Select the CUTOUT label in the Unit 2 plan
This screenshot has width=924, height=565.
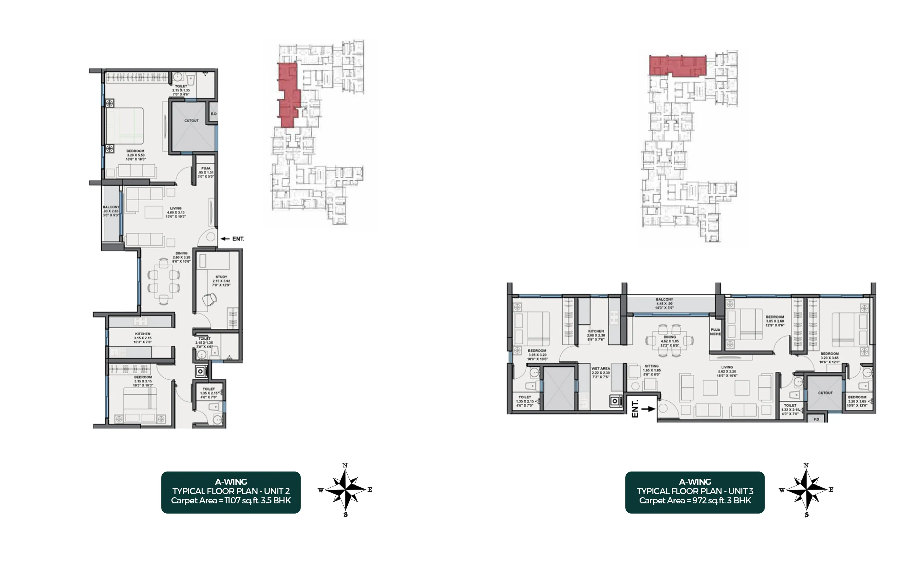(191, 121)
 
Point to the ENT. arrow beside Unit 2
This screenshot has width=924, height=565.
(226, 239)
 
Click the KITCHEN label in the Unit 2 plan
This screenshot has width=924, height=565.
(142, 334)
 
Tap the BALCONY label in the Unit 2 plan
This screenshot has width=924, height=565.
(111, 207)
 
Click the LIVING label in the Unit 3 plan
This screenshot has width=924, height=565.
(727, 367)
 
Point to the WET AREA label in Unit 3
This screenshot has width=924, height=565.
(601, 368)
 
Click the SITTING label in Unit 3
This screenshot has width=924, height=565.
(652, 366)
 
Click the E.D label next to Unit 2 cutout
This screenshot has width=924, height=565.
(213, 114)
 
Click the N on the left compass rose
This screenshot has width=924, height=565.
(345, 465)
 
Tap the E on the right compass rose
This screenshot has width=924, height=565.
(831, 489)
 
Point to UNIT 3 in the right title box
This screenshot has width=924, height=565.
(741, 491)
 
